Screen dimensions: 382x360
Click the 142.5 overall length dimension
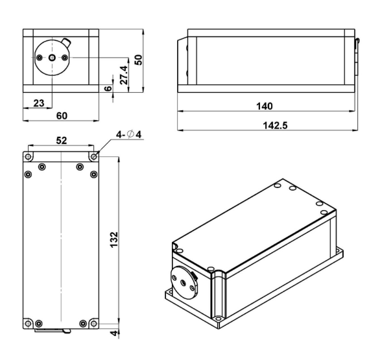point(275,125)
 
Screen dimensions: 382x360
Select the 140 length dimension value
point(265,106)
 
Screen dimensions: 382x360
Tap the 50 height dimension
point(138,60)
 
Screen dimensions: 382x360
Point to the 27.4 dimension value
point(124,75)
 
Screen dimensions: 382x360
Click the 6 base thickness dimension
point(108,88)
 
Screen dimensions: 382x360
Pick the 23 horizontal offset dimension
point(39,103)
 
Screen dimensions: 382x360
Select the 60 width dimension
point(62,115)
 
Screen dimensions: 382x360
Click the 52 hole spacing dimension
point(62,140)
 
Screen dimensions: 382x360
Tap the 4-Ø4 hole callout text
point(128,134)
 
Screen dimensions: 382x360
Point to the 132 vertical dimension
point(113,240)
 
